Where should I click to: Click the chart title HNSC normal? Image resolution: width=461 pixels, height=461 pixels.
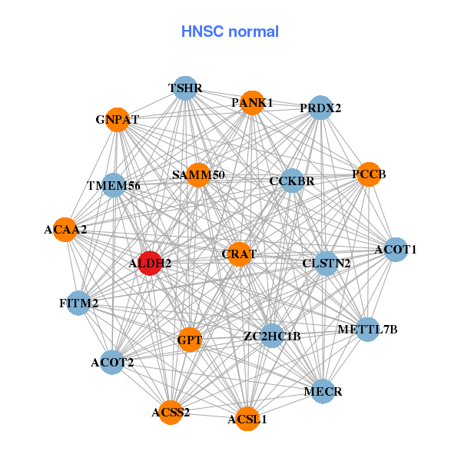click(230, 32)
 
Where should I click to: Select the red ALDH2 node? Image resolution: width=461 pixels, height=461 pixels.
click(150, 263)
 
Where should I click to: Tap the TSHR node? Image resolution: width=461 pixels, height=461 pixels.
click(184, 88)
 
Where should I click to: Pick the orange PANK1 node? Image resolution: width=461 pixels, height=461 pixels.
click(252, 102)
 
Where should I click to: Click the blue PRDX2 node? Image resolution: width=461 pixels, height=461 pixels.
click(320, 108)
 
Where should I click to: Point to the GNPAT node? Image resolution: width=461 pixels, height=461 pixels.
click(118, 120)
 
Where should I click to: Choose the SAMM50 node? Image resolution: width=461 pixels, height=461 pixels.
click(198, 175)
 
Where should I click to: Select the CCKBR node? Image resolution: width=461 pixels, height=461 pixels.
click(292, 181)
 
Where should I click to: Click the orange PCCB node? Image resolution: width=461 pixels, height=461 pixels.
click(369, 174)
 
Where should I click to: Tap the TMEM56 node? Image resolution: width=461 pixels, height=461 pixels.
click(113, 185)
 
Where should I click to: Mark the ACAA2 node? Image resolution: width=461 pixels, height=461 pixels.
click(65, 229)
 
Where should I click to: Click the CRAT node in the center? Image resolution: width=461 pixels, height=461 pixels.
click(239, 254)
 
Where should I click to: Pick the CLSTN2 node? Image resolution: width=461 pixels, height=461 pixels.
click(326, 263)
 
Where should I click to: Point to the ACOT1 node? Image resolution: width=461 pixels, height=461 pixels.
click(395, 249)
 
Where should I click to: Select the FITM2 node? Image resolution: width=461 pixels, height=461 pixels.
click(78, 303)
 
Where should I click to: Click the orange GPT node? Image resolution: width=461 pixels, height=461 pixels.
click(189, 339)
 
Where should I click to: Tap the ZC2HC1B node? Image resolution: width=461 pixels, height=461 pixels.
click(272, 336)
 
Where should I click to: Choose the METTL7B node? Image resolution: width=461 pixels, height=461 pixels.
click(368, 330)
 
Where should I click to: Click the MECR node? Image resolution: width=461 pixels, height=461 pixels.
click(323, 391)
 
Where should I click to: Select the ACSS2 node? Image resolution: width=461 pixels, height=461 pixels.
click(171, 413)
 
